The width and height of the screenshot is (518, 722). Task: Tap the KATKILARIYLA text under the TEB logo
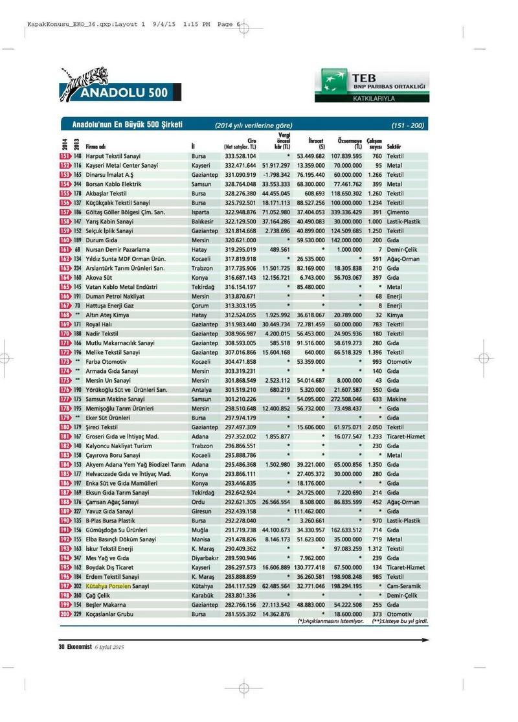coord(373,99)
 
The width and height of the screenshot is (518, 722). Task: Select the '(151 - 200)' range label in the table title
coord(408,125)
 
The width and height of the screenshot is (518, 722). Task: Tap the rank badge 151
coord(65,156)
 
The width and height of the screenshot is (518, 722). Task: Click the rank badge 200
coord(65,613)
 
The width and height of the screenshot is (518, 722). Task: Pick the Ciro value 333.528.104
coord(240,156)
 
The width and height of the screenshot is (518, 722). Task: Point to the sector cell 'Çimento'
coord(398,212)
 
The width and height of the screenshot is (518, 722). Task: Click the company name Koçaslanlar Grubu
coord(112,613)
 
